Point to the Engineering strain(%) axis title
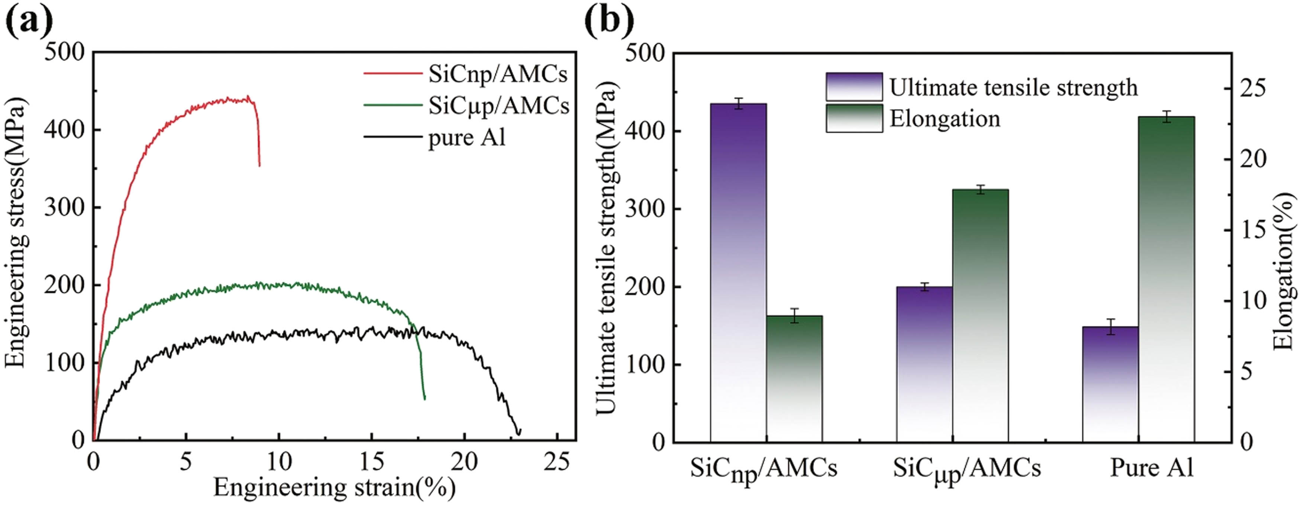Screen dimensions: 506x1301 pos(334,487)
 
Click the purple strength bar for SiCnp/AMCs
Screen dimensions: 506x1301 pos(738,273)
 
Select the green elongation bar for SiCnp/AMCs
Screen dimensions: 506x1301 pos(794,379)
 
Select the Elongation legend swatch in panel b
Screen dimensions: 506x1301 pos(854,118)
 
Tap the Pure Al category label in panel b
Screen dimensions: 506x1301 pos(1152,468)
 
